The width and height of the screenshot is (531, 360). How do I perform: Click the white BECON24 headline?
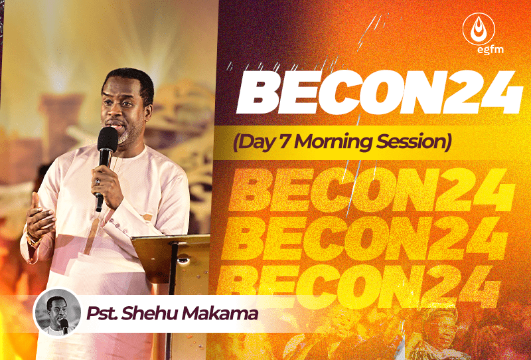379,92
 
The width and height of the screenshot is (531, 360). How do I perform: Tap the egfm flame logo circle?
479,29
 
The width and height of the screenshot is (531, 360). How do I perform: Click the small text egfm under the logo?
490,50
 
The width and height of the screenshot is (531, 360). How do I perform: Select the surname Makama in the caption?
220,314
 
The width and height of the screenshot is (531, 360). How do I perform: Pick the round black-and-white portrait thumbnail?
58,313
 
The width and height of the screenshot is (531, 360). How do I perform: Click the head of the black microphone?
108,139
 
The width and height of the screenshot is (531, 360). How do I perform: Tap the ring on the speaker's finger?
98,182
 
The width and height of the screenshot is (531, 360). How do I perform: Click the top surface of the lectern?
171,238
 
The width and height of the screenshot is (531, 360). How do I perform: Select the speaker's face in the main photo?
122,108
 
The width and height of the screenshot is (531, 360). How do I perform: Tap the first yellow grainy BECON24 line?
372,189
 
